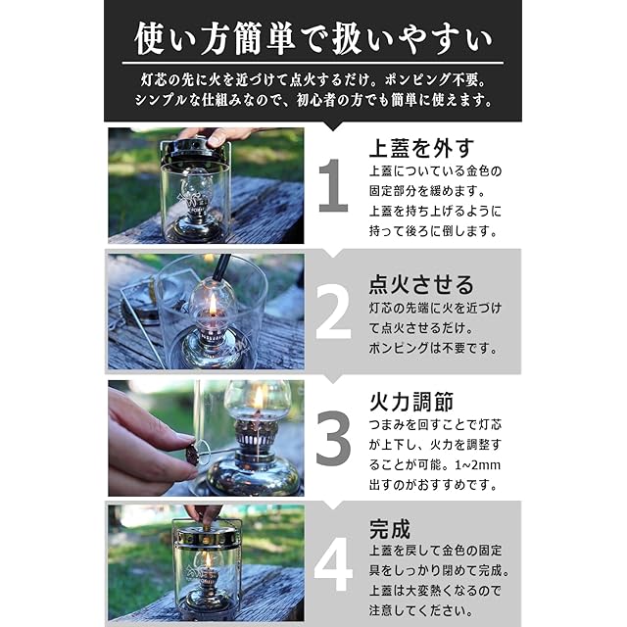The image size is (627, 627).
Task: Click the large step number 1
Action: tap(333, 185)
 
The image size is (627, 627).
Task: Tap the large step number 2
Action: tap(333, 312)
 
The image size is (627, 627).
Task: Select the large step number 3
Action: tap(333, 438)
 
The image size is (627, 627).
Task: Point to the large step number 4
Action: tap(333, 564)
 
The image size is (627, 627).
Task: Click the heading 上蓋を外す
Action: tap(421, 148)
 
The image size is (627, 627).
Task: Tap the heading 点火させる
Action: tap(421, 285)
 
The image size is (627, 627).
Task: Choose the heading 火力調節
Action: tap(411, 402)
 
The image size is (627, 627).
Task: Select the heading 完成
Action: tap(390, 529)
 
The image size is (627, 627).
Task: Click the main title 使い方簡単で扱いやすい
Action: tap(313, 38)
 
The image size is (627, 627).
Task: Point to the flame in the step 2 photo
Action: tap(214, 305)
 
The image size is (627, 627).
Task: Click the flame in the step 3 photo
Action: tap(259, 398)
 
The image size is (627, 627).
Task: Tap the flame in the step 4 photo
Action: tap(208, 559)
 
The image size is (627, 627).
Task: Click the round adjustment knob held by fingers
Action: tap(192, 456)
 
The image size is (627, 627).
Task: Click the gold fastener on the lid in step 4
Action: tap(206, 526)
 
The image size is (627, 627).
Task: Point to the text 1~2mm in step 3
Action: tap(478, 465)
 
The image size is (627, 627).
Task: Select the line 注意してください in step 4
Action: tap(421, 610)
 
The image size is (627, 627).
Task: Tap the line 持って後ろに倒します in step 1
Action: tap(433, 231)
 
